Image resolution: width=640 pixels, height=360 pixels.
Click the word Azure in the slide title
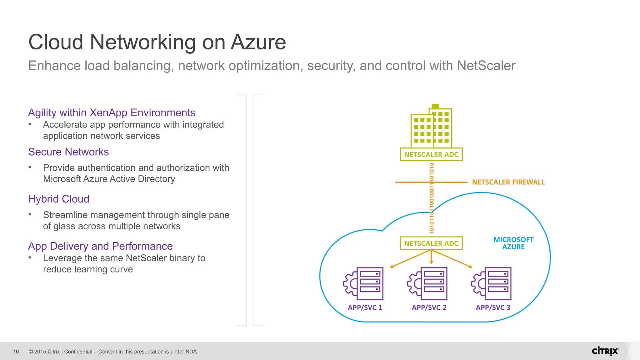coord(258,42)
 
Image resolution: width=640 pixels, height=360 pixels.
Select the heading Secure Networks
coord(68,152)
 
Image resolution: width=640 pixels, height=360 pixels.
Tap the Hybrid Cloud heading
coord(59,199)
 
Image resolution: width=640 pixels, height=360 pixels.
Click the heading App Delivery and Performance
coord(100,246)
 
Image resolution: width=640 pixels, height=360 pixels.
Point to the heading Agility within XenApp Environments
coord(112,113)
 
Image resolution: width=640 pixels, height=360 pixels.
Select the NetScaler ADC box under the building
coord(431,154)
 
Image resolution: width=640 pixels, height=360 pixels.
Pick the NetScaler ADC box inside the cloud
coord(431,243)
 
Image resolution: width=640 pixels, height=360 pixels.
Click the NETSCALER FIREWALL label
coord(508,182)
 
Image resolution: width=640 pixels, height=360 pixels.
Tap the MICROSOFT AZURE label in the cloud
coord(513,243)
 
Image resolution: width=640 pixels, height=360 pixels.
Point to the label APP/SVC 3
coord(493,307)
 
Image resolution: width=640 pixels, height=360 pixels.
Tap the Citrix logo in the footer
coord(605,351)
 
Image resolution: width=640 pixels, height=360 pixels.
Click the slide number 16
coord(16,352)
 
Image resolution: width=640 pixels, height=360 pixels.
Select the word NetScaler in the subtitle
coord(486,66)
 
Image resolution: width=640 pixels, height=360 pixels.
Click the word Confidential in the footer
coord(78,352)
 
